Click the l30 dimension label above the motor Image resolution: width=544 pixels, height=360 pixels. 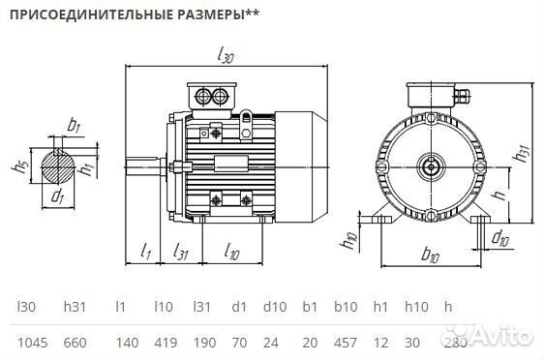click(x=226, y=57)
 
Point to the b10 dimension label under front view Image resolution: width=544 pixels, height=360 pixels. click(x=431, y=258)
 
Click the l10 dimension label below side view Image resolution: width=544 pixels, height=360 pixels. click(x=231, y=253)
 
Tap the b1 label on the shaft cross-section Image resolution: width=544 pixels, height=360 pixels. click(x=74, y=126)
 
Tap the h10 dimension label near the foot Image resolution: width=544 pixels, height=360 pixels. click(x=351, y=239)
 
